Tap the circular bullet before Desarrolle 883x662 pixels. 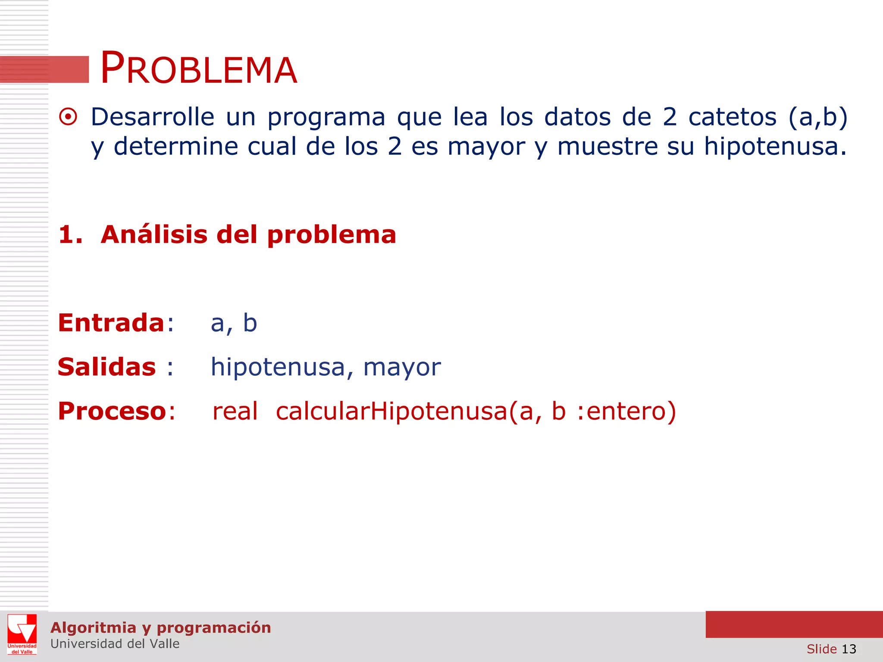point(68,117)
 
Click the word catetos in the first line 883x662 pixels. point(732,117)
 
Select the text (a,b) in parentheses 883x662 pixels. point(817,117)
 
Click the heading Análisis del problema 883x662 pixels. point(248,235)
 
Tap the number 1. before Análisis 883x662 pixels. point(70,235)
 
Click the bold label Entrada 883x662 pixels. point(111,323)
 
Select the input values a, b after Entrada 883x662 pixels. point(234,324)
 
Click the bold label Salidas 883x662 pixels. point(106,367)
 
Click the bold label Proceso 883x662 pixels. point(112,411)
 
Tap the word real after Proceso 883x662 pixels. point(235,411)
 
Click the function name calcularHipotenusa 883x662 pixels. point(391,411)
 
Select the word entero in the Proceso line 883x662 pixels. point(626,411)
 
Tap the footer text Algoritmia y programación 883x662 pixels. point(160,628)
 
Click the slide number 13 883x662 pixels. point(849,649)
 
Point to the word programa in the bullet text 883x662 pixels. point(326,118)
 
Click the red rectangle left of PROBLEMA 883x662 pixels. point(44,69)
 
